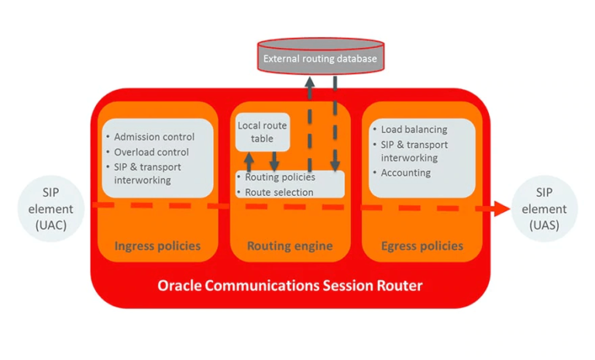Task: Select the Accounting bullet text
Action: (x=406, y=173)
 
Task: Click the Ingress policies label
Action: (x=157, y=246)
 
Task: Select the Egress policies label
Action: (x=422, y=246)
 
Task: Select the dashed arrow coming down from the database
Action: (x=336, y=124)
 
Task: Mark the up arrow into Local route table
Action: (x=249, y=161)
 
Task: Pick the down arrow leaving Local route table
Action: (x=273, y=161)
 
